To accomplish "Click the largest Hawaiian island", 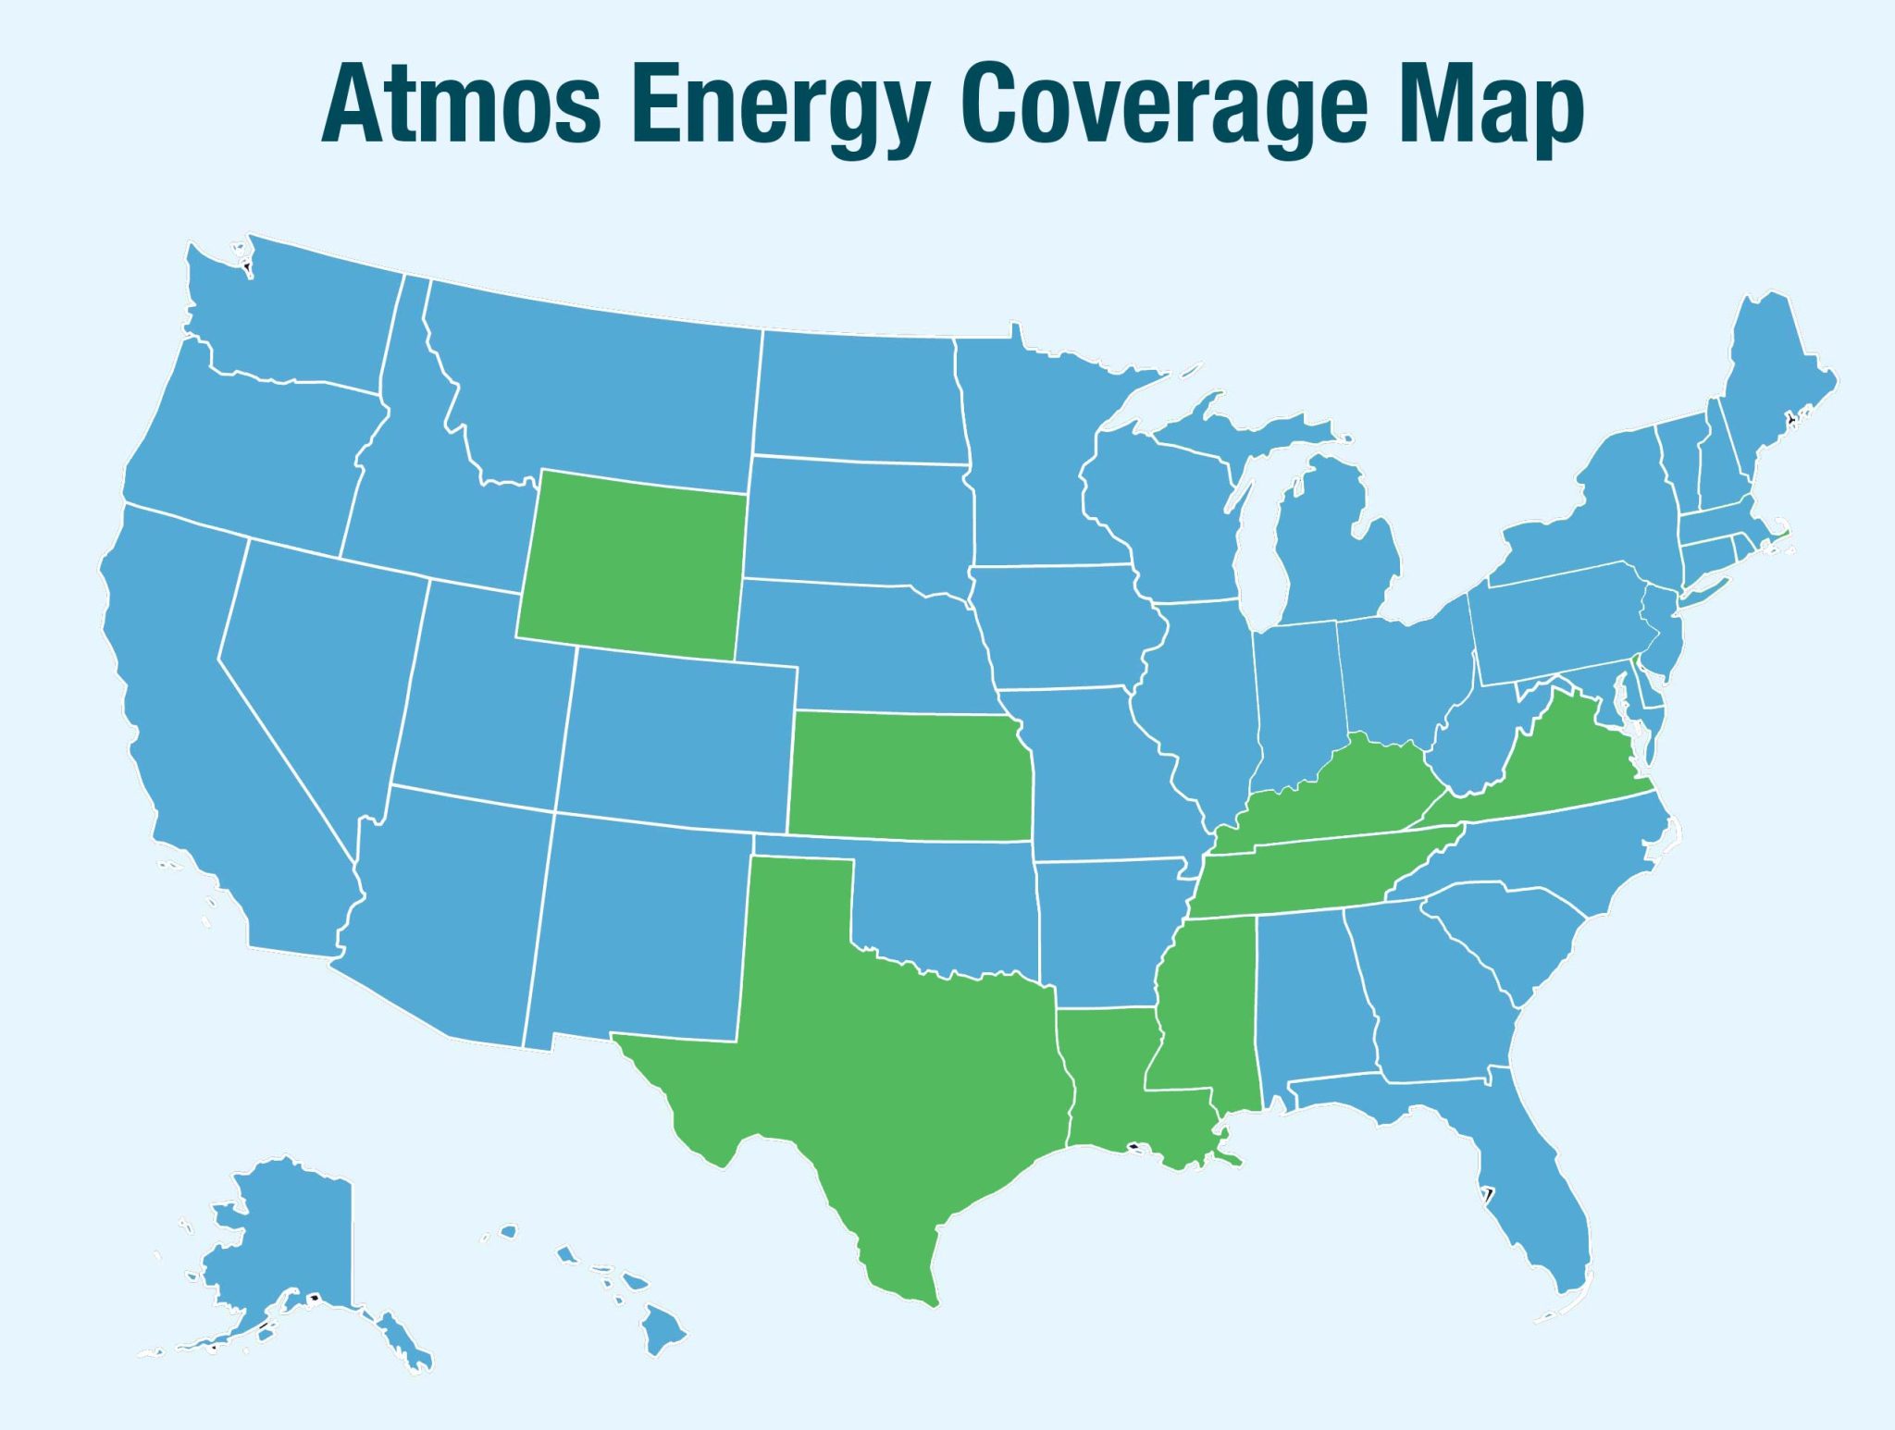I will [663, 1329].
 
